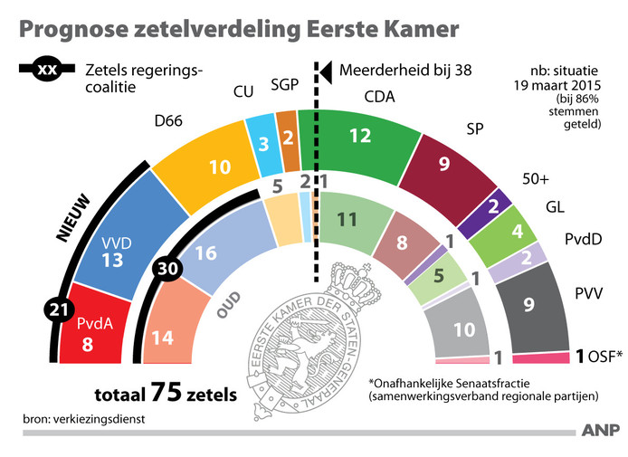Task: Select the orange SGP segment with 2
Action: coord(287,138)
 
